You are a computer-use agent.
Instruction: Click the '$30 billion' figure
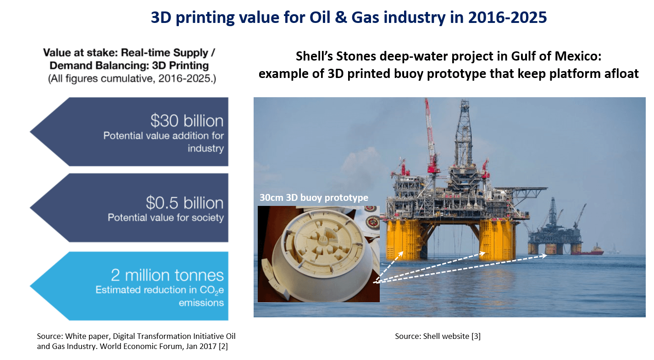tap(187, 121)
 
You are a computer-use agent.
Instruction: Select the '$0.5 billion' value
tap(185, 203)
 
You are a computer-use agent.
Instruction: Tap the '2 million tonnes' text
tap(167, 275)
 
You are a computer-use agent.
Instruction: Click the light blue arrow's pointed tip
tap(30, 286)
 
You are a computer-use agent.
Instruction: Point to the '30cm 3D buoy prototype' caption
tap(314, 197)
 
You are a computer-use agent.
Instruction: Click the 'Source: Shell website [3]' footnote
tap(438, 336)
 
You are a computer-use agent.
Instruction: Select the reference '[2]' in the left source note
tap(223, 346)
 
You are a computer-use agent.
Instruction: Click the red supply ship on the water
tap(590, 250)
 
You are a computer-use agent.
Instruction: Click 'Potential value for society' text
tap(166, 217)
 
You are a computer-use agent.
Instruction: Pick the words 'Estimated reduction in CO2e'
tap(160, 290)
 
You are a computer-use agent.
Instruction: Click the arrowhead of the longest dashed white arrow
tap(544, 256)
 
